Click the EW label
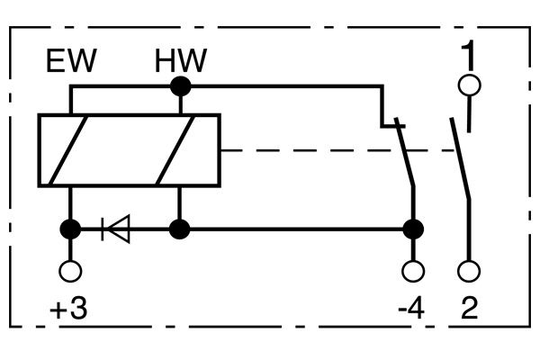72,62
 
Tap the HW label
180,62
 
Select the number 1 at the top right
467,55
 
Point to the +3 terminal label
68,310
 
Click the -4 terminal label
409,310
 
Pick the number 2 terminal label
469,310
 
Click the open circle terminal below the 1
468,86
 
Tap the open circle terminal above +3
68,270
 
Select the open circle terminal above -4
413,270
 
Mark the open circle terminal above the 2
468,270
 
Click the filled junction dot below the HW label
181,86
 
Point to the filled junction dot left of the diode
68,229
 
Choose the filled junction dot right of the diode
181,229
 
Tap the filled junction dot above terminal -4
413,229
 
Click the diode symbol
116,229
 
